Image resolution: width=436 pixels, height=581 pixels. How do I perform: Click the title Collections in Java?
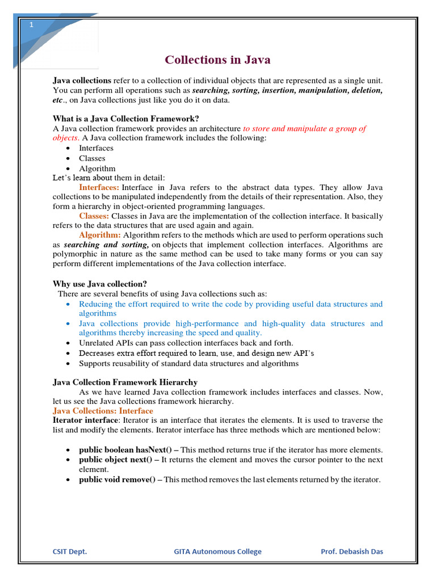217,60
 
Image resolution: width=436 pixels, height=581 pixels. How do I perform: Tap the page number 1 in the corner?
32,25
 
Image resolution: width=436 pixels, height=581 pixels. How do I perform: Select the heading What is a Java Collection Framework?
125,118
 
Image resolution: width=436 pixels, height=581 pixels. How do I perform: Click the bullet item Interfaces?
96,148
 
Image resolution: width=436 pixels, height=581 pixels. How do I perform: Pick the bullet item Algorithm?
97,169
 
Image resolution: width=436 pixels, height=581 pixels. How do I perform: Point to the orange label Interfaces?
99,187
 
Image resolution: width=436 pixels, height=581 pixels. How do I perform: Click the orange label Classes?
94,216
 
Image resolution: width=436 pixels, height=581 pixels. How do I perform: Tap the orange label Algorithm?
100,234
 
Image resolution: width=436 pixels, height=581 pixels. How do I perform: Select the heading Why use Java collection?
103,284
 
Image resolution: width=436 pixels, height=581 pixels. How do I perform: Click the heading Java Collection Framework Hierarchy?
125,382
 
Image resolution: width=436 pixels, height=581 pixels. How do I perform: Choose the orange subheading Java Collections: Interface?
103,411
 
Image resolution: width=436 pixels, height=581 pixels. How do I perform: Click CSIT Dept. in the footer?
70,551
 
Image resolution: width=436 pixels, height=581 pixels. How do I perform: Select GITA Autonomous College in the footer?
217,551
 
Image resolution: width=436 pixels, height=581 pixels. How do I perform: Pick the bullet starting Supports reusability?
188,363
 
